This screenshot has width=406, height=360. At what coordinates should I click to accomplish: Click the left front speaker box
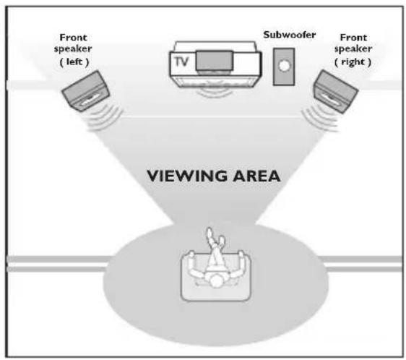[x=86, y=90]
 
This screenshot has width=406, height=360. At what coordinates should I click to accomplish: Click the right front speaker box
[x=336, y=91]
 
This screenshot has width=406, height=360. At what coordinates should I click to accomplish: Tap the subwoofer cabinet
[x=284, y=67]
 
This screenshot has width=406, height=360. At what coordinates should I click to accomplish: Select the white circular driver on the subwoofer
[x=284, y=65]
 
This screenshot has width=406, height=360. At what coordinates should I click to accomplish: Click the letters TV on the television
[x=181, y=61]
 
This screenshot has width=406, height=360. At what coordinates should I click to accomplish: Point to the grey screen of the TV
[x=215, y=61]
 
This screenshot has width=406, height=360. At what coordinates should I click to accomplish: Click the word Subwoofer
[x=290, y=35]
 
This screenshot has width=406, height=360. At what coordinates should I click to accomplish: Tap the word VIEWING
[x=187, y=176]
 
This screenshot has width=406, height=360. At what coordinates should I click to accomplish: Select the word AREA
[x=256, y=176]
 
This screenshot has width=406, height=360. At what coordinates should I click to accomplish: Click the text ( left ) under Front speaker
[x=74, y=62]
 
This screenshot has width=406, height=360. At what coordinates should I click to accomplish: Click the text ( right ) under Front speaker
[x=353, y=62]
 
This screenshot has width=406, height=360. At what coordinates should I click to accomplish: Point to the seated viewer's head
[x=216, y=281]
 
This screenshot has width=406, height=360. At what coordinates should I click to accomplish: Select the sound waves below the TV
[x=215, y=93]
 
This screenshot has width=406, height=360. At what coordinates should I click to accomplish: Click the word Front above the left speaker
[x=73, y=38]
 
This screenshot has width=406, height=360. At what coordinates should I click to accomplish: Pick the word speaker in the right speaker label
[x=353, y=48]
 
